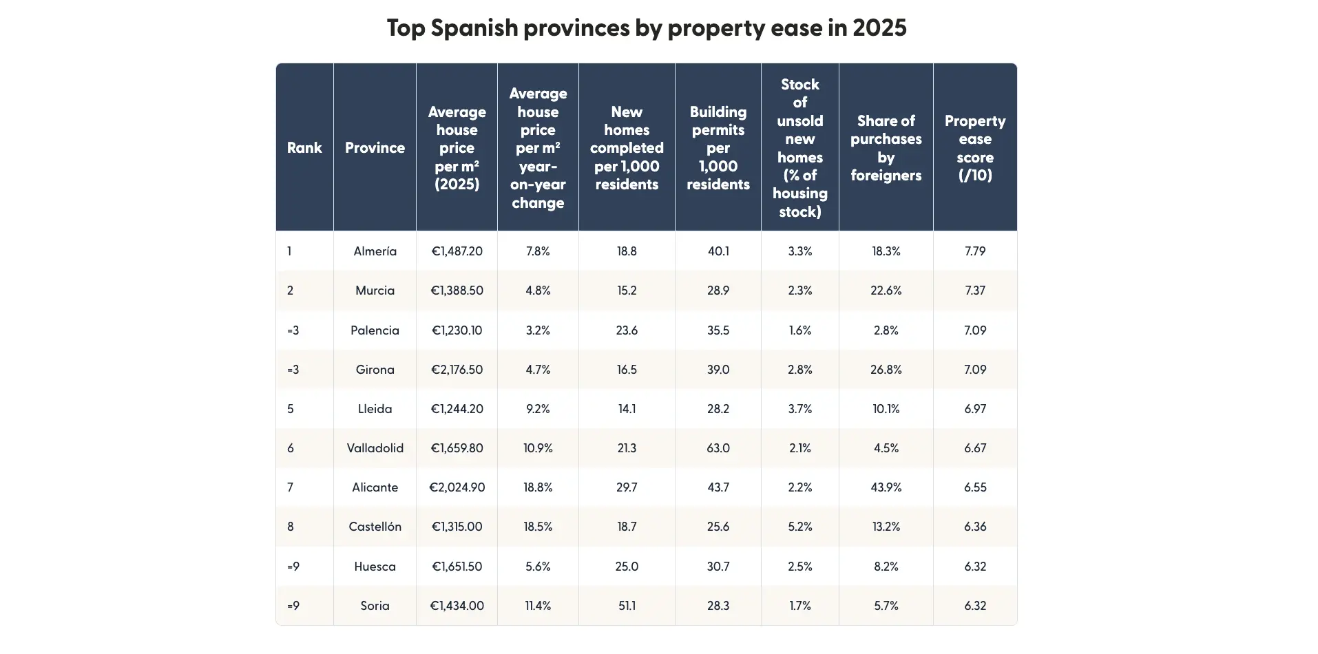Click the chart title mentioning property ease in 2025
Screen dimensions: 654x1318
point(646,28)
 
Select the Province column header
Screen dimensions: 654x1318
point(375,148)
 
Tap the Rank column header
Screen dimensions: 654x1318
point(304,148)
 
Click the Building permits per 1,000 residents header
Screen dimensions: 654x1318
point(718,148)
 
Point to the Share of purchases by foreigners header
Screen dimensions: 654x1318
point(886,148)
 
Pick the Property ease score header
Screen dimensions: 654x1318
point(974,148)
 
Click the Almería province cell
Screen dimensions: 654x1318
point(375,251)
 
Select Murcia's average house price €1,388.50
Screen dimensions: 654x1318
point(457,291)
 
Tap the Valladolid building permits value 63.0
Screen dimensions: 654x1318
point(718,448)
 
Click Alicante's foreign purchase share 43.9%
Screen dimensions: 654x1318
point(886,487)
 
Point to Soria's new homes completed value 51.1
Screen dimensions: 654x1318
point(627,606)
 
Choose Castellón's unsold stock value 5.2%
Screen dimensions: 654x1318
point(799,527)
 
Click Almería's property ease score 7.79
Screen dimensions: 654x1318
point(974,251)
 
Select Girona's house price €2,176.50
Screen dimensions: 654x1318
point(457,370)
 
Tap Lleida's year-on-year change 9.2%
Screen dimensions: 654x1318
point(537,409)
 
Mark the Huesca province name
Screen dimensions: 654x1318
point(375,567)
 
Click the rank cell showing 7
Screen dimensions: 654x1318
point(291,487)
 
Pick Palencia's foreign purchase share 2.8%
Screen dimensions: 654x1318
point(886,330)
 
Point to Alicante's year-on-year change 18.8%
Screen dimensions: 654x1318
point(537,487)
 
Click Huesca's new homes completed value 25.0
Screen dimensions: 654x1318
point(627,567)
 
